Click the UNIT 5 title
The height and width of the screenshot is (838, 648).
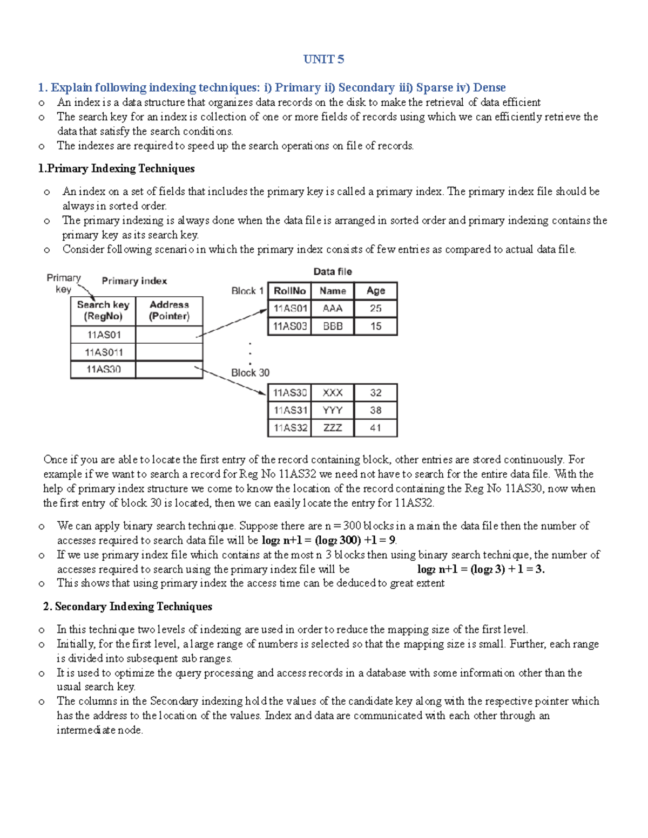pos(323,59)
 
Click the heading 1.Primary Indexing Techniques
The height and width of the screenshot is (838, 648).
pos(116,169)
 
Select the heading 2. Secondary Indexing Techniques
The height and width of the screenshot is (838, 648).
pos(127,607)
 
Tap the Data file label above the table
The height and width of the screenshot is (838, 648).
pos(332,271)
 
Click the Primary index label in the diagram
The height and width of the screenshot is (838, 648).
pos(134,281)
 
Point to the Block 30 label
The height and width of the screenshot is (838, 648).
pos(250,372)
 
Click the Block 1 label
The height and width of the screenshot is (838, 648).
pos(247,291)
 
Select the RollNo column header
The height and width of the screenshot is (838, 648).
pos(289,291)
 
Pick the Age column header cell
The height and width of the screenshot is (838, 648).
pos(376,291)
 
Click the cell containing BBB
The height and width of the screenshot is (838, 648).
pos(333,326)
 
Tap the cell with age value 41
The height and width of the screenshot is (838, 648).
pos(376,427)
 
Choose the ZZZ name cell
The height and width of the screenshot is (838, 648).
pos(333,427)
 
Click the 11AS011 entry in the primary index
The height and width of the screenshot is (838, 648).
pos(103,352)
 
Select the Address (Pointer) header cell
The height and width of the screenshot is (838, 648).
pos(169,310)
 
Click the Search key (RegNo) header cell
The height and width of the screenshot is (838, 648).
pos(103,310)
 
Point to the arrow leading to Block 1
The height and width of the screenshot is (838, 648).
pos(232,323)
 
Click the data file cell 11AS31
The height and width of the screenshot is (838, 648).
pos(290,410)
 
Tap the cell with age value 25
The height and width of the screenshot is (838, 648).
pos(376,308)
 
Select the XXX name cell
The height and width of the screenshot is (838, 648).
pos(333,392)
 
